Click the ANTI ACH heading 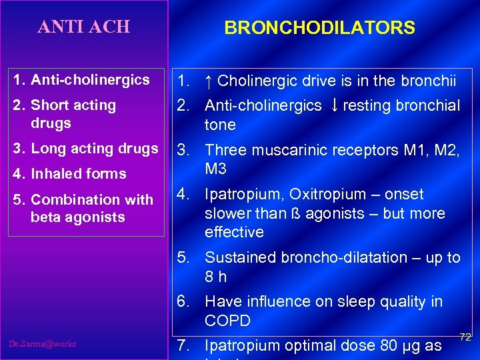click(x=84, y=27)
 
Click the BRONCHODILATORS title click(x=319, y=28)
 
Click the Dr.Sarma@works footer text click(x=43, y=344)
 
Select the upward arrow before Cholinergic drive click(x=208, y=81)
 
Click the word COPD click(x=227, y=321)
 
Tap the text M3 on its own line click(x=215, y=169)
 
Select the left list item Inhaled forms click(x=78, y=174)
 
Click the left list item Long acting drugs click(x=94, y=149)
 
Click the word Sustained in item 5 click(x=237, y=257)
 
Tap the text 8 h click(x=215, y=276)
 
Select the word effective click(x=234, y=232)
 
